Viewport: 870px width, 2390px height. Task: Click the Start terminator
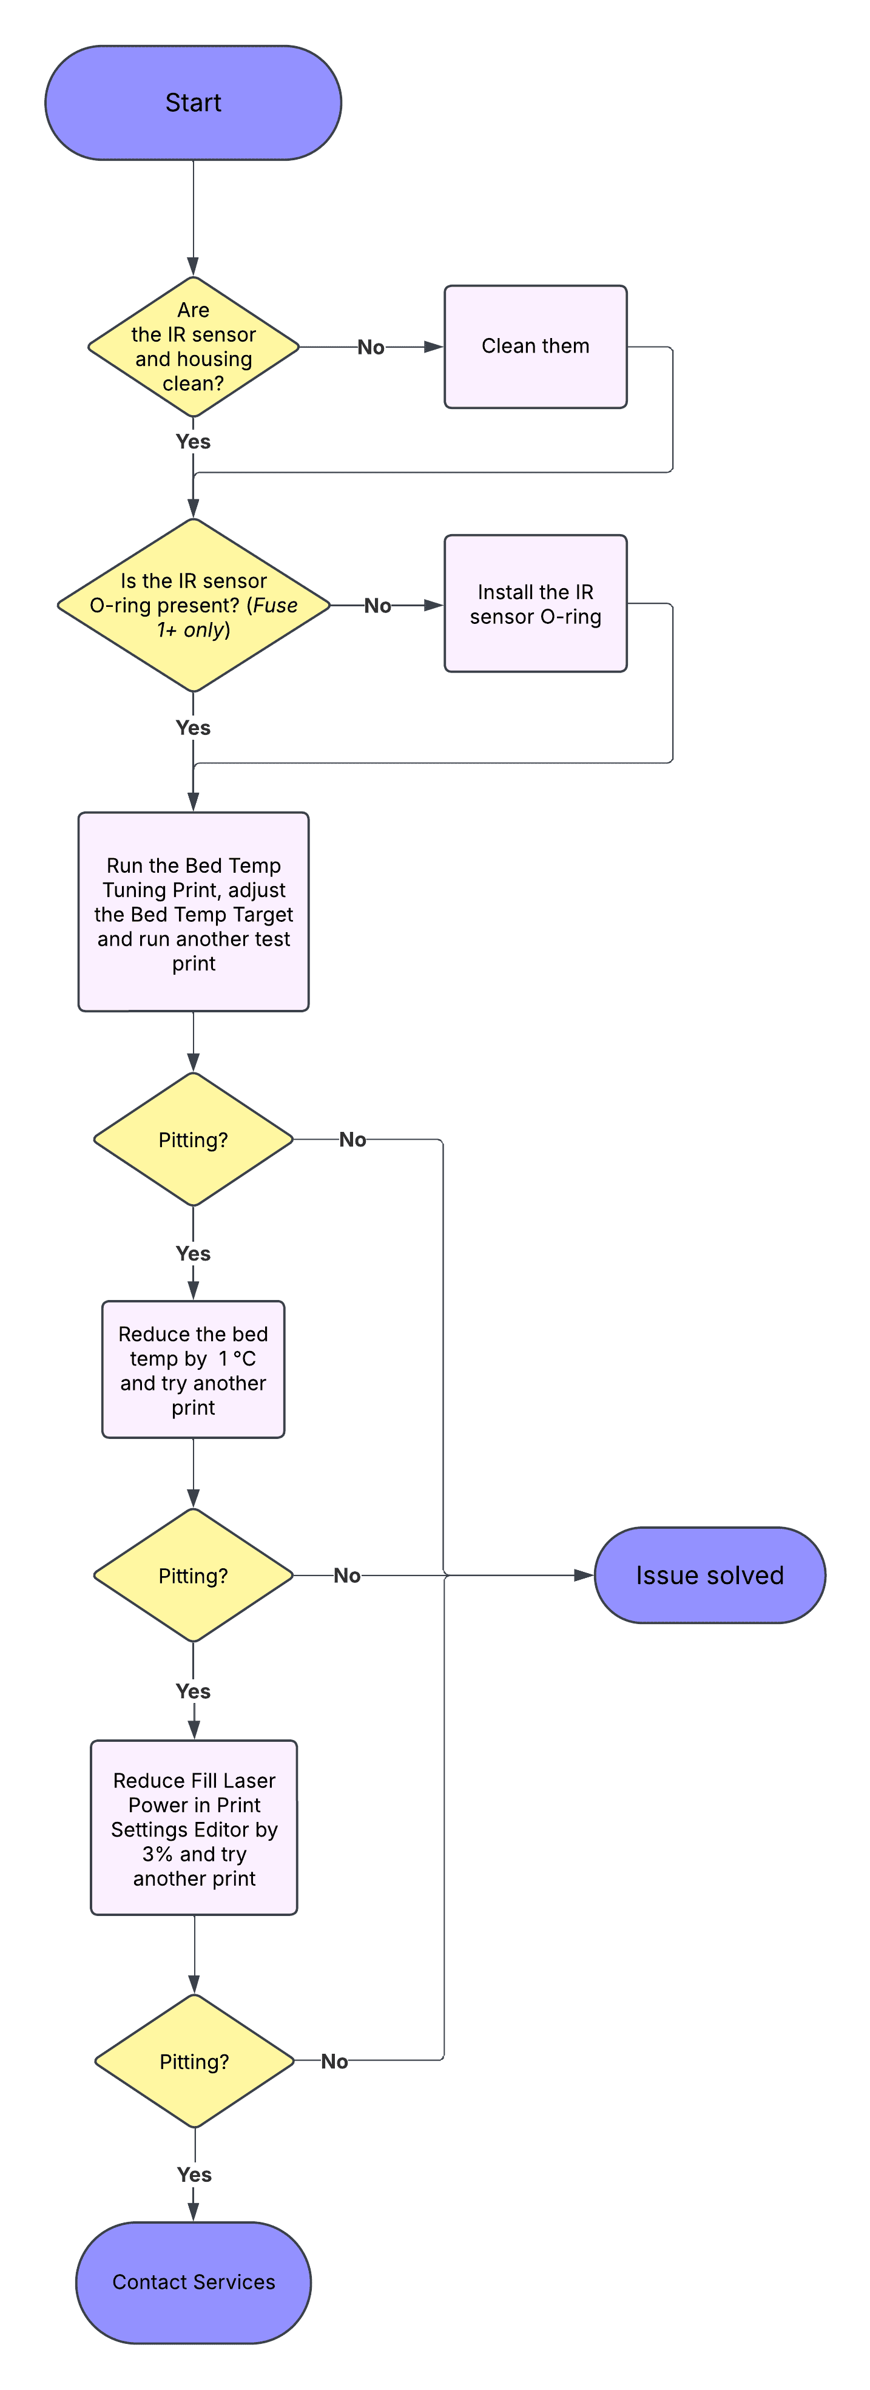(193, 102)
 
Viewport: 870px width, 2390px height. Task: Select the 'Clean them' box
(535, 346)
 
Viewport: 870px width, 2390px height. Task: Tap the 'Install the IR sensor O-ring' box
(535, 603)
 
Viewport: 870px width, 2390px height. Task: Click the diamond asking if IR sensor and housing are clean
(193, 347)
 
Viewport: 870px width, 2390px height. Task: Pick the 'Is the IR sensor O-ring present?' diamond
(193, 605)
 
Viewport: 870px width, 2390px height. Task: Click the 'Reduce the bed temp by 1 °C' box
(193, 1369)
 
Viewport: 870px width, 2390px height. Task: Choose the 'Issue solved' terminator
(710, 1576)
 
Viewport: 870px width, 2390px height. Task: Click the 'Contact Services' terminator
(193, 2283)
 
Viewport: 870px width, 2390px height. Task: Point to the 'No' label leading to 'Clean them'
(371, 347)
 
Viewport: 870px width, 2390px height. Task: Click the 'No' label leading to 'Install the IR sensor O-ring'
(377, 606)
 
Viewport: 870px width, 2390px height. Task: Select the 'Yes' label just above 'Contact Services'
(194, 2175)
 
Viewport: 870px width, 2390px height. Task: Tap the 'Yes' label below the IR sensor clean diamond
(193, 442)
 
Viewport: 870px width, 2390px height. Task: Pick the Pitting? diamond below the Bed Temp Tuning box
(193, 1139)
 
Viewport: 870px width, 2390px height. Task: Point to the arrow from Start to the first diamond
(193, 218)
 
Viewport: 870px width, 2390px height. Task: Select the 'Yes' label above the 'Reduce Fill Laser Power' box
(193, 1691)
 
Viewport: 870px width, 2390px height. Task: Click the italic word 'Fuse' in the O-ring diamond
(275, 606)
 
